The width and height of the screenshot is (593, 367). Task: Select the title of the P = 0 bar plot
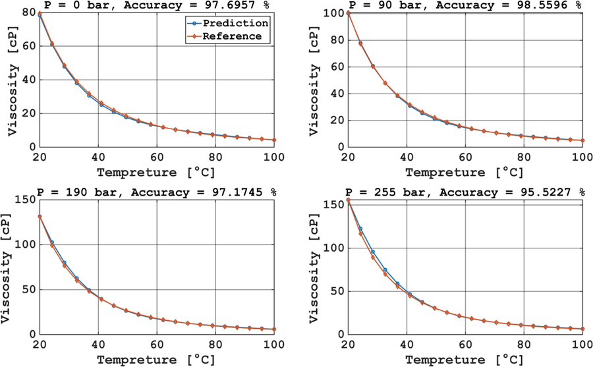coord(157,5)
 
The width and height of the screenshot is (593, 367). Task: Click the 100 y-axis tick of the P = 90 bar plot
coord(333,13)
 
